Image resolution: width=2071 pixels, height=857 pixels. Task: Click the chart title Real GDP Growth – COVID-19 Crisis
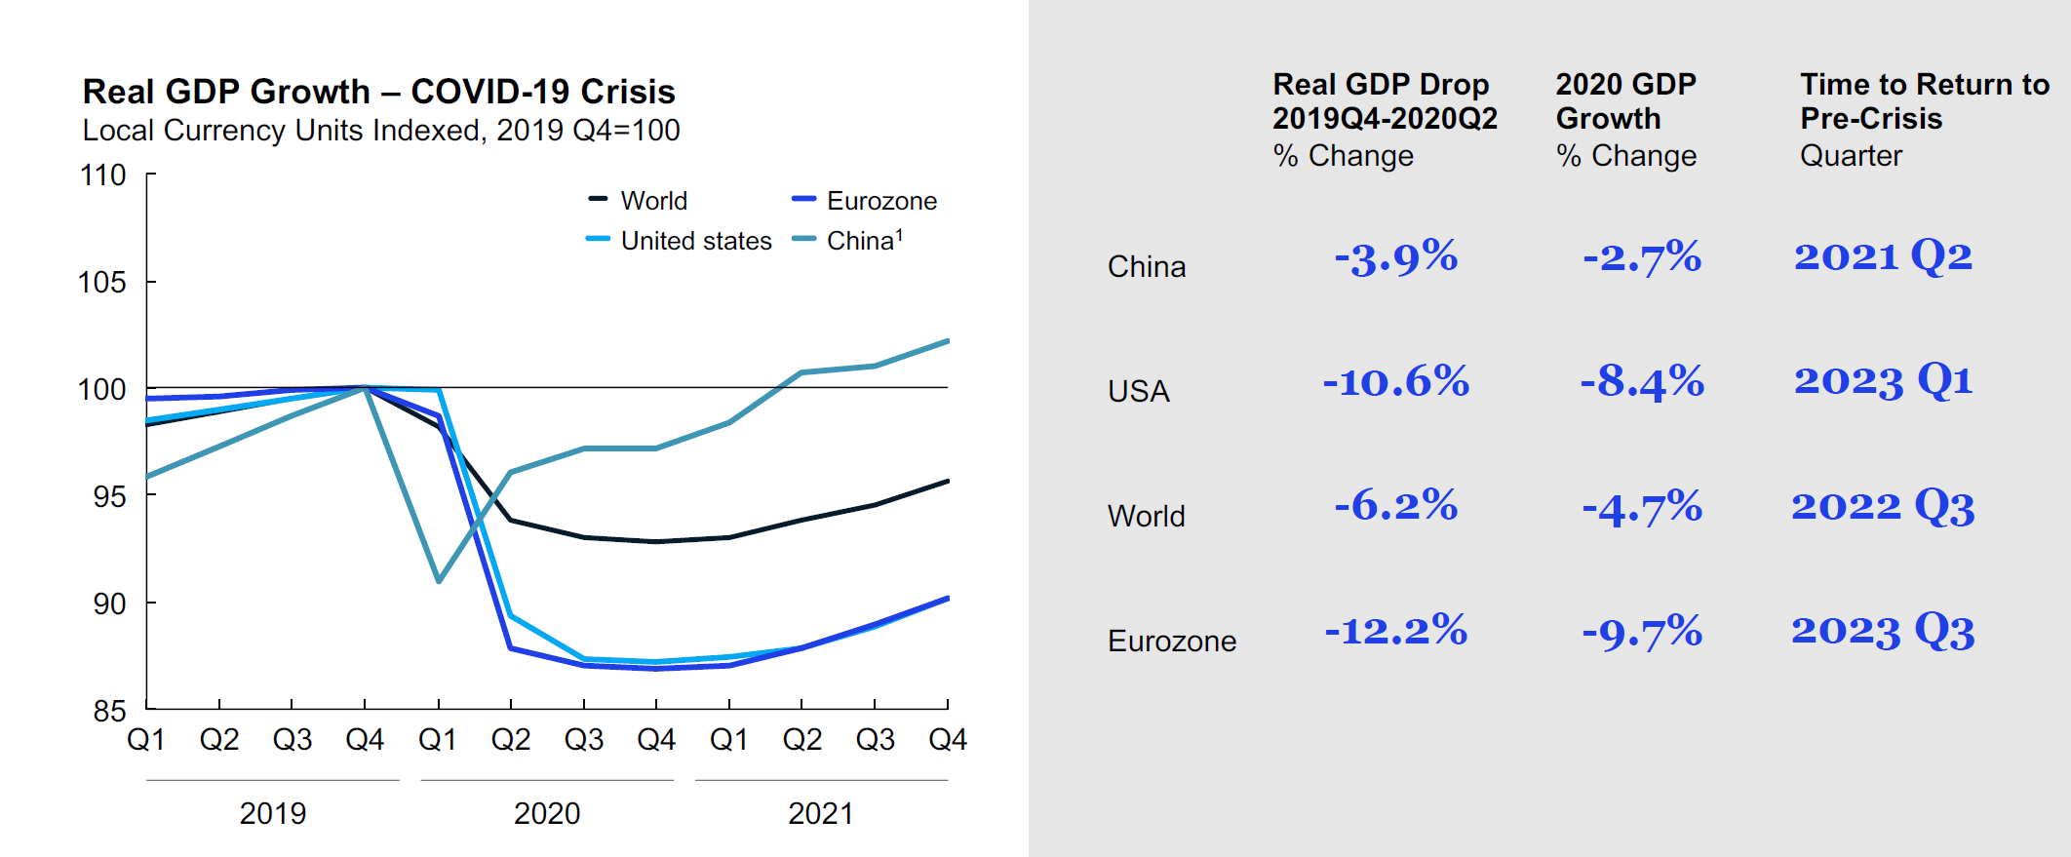(x=378, y=92)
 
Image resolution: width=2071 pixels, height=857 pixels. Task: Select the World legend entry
(x=653, y=201)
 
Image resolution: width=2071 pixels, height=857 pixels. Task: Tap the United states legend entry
(x=695, y=241)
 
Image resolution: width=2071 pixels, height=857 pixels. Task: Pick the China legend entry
(x=863, y=241)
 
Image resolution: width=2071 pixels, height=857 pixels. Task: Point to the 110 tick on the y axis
(x=103, y=175)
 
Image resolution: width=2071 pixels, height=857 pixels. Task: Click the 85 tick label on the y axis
(x=109, y=711)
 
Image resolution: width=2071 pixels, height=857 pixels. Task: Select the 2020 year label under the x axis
(x=547, y=813)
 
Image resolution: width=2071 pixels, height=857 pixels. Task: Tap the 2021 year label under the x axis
(x=820, y=813)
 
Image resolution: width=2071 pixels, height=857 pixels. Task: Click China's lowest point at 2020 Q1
(x=439, y=581)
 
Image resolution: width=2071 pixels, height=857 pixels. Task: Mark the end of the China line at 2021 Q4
(x=947, y=341)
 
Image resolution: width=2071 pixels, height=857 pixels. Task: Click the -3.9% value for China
(x=1395, y=257)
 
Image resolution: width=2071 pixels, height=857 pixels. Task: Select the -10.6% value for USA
(x=1395, y=381)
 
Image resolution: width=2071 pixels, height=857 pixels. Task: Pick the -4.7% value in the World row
(x=1642, y=507)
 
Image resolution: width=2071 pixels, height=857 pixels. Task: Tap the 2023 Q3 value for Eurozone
(x=1883, y=631)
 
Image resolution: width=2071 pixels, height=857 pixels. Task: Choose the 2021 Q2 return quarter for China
(x=1883, y=256)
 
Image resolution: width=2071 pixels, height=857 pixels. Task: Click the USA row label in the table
(x=1138, y=391)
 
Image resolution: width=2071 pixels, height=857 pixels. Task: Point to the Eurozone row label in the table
(x=1171, y=641)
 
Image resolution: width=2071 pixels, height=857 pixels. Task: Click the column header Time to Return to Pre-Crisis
(x=1924, y=101)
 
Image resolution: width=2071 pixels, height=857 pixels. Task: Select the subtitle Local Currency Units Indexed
(x=380, y=131)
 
